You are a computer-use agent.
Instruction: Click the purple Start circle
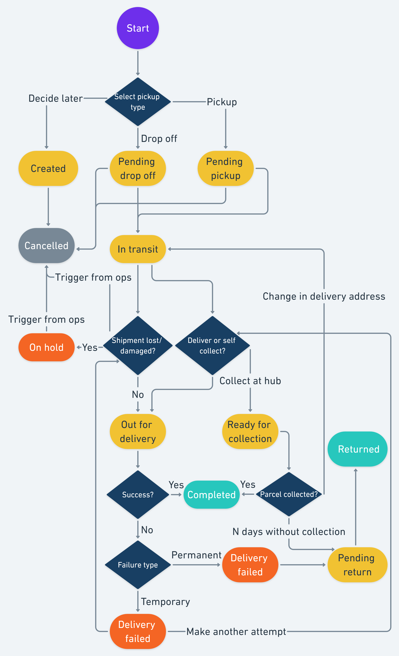tap(138, 28)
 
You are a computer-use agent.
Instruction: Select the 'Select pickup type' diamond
tap(138, 102)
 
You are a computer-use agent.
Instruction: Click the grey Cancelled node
tap(46, 245)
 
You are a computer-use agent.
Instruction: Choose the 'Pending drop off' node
tap(138, 168)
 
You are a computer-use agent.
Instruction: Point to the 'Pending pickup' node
tap(226, 168)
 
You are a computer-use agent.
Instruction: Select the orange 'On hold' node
tap(46, 347)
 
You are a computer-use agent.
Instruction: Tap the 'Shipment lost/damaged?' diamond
tap(138, 346)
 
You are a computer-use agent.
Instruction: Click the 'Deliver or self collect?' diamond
tap(212, 346)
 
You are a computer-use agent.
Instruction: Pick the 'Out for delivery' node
tap(138, 431)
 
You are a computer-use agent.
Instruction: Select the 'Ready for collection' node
tap(250, 431)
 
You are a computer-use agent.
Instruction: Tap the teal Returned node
tap(357, 449)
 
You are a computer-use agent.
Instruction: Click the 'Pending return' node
tap(357, 565)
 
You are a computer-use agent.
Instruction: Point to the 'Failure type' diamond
tap(138, 565)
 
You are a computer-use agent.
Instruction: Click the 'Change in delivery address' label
tap(324, 296)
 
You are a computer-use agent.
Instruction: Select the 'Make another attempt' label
tap(236, 631)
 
